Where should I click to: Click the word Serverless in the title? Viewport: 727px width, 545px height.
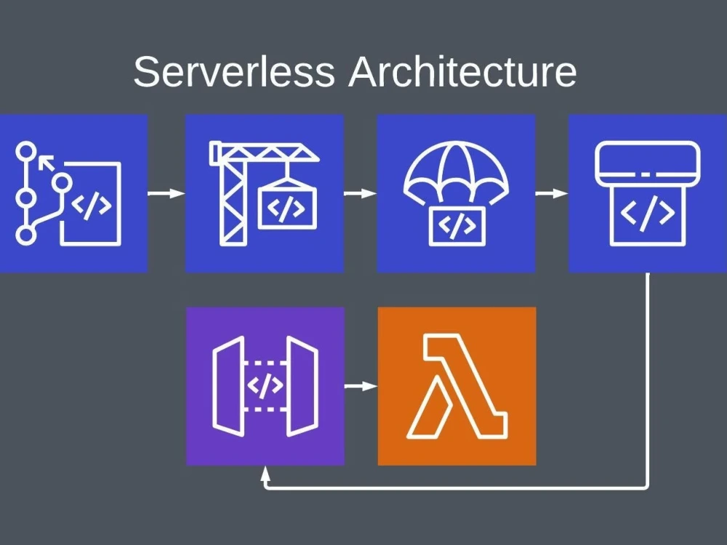pos(234,72)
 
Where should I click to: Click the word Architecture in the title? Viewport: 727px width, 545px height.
pos(462,72)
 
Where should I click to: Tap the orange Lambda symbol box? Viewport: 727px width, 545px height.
pos(457,386)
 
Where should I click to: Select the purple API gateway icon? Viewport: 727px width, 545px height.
pos(265,386)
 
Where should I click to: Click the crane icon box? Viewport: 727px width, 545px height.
pos(264,193)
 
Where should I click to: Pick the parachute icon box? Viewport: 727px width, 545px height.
pos(456,193)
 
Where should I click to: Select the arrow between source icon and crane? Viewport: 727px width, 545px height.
pos(166,193)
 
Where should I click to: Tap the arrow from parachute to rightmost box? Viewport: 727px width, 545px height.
pos(552,193)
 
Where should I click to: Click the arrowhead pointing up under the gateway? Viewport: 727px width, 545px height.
pos(266,473)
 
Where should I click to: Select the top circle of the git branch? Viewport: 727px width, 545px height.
pos(26,152)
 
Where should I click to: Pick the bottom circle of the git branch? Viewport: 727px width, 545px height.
pos(26,235)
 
